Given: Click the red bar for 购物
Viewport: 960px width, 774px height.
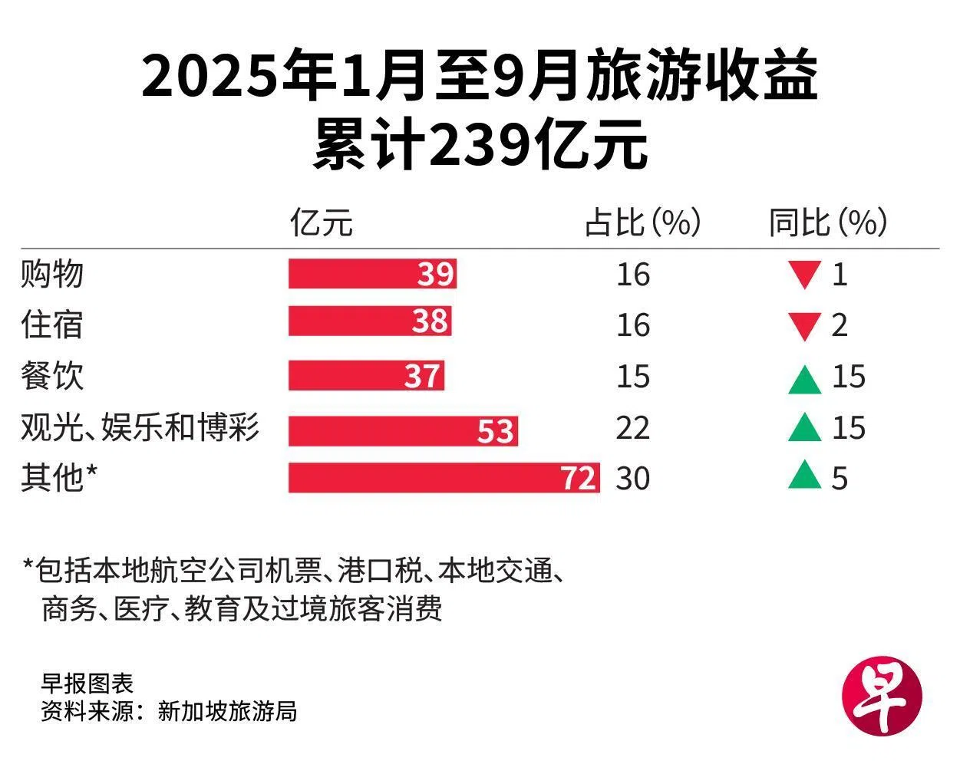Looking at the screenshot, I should click(x=372, y=274).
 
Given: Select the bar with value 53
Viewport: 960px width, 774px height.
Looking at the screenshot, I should click(x=403, y=430).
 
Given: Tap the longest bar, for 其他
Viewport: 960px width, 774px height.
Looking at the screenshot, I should click(x=444, y=478).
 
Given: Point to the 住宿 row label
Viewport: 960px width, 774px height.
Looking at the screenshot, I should click(x=51, y=324).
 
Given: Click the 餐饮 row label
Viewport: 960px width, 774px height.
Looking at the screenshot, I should click(x=51, y=376).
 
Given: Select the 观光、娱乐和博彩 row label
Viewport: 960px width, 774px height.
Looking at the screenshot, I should click(x=140, y=427).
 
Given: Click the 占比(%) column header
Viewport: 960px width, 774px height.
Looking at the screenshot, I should click(x=642, y=223).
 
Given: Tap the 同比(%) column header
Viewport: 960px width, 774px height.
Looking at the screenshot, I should click(x=827, y=223).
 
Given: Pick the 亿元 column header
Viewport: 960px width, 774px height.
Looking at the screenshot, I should click(x=322, y=223).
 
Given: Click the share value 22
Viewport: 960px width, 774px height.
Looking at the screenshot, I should click(x=632, y=427).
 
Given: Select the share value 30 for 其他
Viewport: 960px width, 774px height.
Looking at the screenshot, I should click(x=632, y=478).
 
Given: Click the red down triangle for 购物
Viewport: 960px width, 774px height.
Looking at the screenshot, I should click(x=805, y=275).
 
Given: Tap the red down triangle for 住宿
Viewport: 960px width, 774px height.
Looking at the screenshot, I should click(x=805, y=326).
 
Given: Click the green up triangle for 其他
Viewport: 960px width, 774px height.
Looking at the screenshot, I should click(x=805, y=476).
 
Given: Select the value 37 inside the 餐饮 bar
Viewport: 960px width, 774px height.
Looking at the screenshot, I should click(x=422, y=377).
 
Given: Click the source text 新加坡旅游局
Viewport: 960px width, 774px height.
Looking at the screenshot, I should click(x=227, y=711).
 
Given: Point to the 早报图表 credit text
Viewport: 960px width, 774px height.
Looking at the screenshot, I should click(x=87, y=683).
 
